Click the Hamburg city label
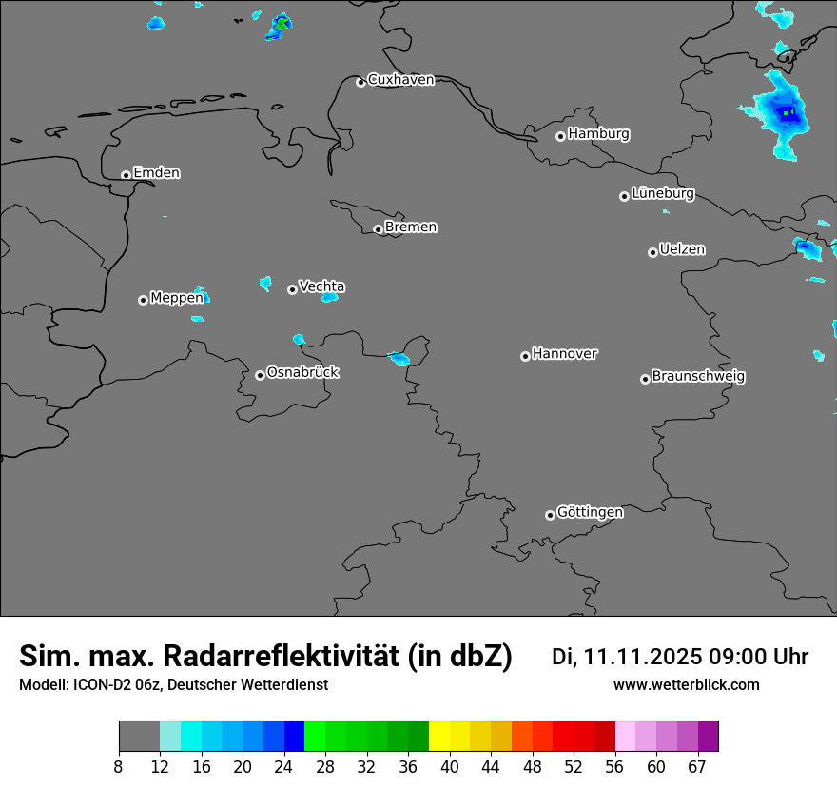point(598,134)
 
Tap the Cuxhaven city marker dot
point(360,82)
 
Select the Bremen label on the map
point(411,227)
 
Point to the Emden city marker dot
point(126,175)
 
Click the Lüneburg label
point(662,193)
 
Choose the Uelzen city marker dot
point(652,252)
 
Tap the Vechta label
point(321,286)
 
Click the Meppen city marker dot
point(143,300)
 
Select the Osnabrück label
point(302,372)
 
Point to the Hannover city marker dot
point(525,356)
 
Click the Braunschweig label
point(698,376)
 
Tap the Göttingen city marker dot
point(550,515)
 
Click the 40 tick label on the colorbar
point(450,766)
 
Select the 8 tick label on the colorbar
point(119,766)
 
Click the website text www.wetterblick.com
point(686,685)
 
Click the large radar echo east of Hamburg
point(783,116)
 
